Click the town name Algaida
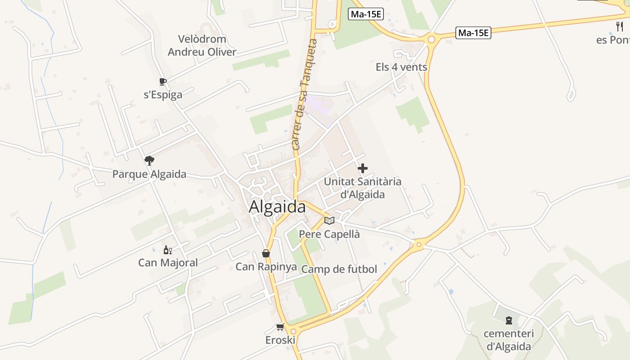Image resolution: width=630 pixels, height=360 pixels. pos(277,207)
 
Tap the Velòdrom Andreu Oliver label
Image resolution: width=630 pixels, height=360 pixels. pos(202,45)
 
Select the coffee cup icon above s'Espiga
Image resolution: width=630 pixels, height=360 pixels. pos(163,81)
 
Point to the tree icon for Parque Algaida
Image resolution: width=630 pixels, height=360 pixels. pos(149,161)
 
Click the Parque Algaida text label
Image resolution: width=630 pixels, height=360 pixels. pos(149,174)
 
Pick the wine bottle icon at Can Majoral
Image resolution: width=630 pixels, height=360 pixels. pos(167,250)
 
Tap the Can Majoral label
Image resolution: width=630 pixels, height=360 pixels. pos(168,262)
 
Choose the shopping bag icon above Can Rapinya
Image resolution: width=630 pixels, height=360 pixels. pos(266,254)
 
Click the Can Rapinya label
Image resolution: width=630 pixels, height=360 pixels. pos(266,266)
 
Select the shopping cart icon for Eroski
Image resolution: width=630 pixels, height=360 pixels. pos(280,327)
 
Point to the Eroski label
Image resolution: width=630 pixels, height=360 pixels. pos(280,340)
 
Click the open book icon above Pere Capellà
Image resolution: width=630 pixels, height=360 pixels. pos(329,220)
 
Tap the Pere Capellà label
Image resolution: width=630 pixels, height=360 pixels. pos(329,234)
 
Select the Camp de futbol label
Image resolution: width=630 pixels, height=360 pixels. pos(339,269)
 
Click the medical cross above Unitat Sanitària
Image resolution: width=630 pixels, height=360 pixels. pos(363,168)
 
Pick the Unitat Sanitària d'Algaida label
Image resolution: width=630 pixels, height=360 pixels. pos(363,188)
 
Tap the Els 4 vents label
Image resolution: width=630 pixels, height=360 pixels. pos(401,67)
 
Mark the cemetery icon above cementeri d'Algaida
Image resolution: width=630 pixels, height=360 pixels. pos(509,321)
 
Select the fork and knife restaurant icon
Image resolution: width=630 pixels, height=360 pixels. pos(620,27)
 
